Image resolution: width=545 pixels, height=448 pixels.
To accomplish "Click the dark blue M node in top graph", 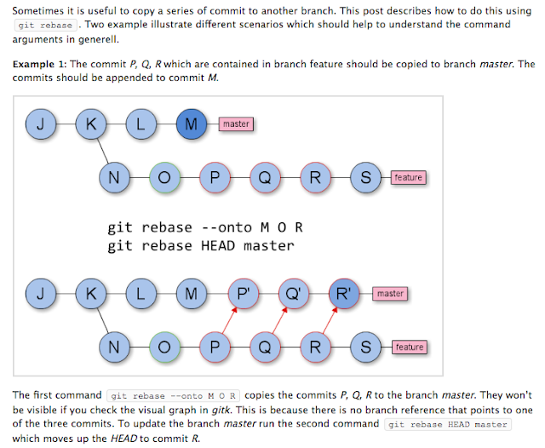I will (190, 124).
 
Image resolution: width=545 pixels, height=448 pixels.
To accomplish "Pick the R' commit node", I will (342, 294).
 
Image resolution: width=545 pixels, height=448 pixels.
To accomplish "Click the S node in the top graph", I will (366, 177).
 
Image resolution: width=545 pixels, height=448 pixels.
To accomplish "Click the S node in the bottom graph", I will (366, 347).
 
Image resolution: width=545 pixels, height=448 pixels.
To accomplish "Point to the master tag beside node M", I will (236, 124).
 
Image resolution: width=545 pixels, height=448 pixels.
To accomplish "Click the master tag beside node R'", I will (390, 294).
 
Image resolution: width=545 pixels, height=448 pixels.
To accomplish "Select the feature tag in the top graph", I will (408, 177).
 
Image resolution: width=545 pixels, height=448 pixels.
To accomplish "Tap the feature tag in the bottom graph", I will (408, 347).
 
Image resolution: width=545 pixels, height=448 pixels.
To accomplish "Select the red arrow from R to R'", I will (327, 321).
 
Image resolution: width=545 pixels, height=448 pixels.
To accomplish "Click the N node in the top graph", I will (112, 177).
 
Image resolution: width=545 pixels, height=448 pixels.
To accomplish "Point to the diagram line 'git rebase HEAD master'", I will (200, 246).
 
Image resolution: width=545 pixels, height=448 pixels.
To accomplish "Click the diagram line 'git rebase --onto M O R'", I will (205, 227).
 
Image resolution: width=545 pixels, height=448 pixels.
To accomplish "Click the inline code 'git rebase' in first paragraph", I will (44, 26).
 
